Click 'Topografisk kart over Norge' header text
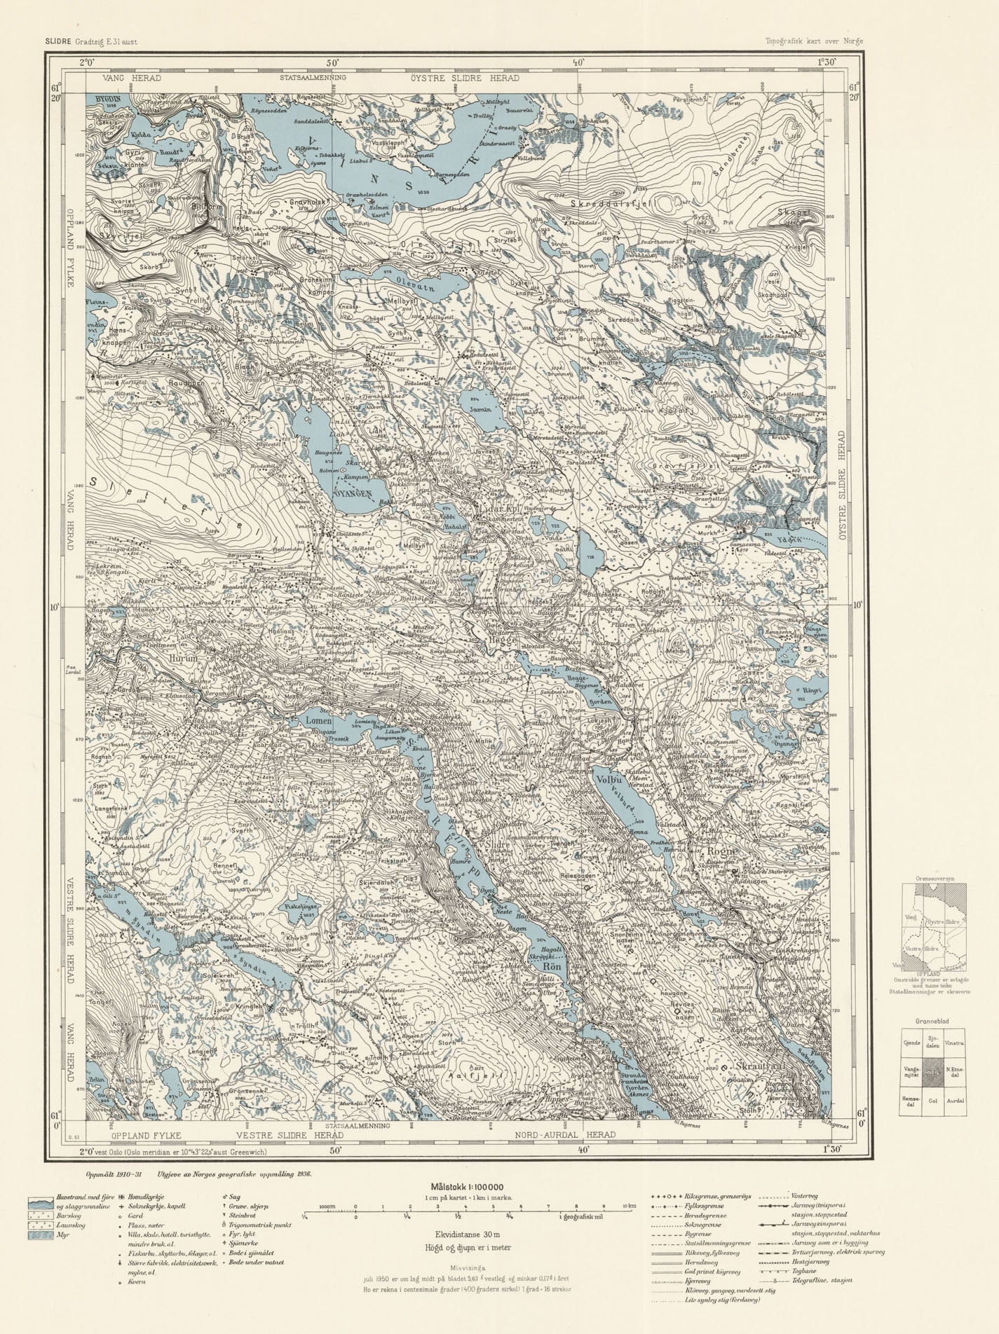(814, 41)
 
